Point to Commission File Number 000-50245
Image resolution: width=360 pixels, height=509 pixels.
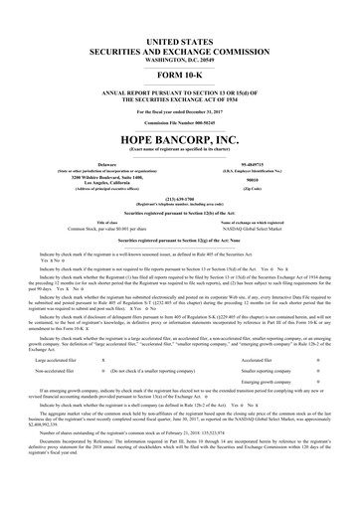click(x=180, y=121)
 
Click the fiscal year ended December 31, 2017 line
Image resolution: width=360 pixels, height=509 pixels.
click(x=180, y=110)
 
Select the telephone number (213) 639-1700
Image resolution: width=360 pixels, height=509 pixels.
click(x=180, y=198)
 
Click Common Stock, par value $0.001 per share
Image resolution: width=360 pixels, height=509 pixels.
click(x=106, y=230)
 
